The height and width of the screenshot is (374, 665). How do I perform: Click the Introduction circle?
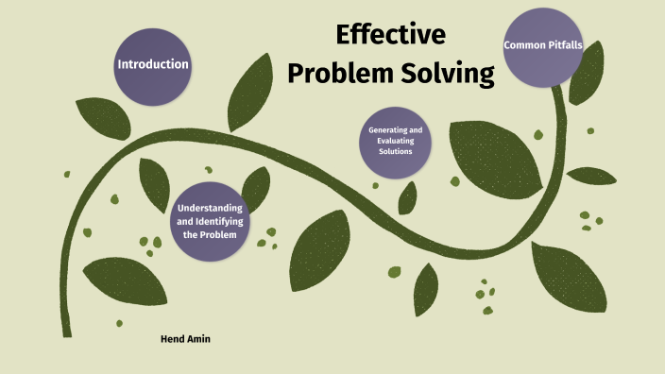click(152, 64)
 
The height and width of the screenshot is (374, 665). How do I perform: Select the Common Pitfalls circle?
click(542, 45)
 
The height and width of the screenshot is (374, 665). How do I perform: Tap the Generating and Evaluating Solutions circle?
click(395, 141)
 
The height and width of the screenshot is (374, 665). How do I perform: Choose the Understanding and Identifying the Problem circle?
click(210, 221)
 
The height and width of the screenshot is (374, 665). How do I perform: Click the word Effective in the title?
click(390, 36)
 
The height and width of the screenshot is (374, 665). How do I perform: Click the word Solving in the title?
click(448, 74)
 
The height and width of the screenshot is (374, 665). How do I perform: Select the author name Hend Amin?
click(185, 337)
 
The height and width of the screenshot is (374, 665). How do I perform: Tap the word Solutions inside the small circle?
click(395, 151)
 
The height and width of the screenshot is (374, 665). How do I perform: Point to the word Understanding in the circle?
click(210, 208)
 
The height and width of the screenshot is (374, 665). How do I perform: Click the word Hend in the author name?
click(172, 337)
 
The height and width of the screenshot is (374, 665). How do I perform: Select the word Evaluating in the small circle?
click(395, 141)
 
